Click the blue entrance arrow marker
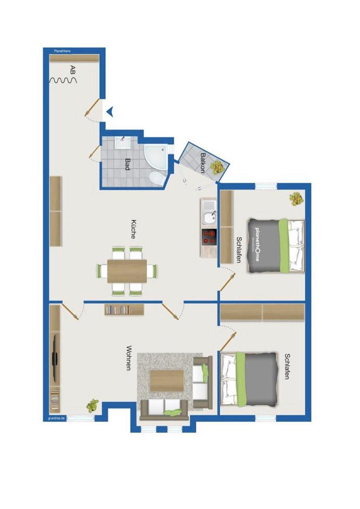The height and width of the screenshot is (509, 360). pyautogui.click(x=110, y=112)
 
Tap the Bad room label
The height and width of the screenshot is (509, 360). pyautogui.click(x=128, y=164)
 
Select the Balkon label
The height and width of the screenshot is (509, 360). pyautogui.click(x=203, y=163)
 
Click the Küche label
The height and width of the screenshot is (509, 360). pyautogui.click(x=133, y=229)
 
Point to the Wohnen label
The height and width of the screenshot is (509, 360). pyautogui.click(x=129, y=358)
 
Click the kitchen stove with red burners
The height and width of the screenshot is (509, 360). pyautogui.click(x=209, y=236)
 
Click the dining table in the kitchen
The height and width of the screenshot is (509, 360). pyautogui.click(x=127, y=271)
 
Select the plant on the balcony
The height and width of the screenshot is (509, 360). pyautogui.click(x=218, y=167)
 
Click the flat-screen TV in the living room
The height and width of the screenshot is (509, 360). pyautogui.click(x=55, y=358)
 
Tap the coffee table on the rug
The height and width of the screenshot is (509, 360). pyautogui.click(x=167, y=381)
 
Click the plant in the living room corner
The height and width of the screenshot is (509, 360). pyautogui.click(x=92, y=405)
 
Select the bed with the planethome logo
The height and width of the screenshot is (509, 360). pyautogui.click(x=276, y=246)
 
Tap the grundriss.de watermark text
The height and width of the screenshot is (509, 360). pyautogui.click(x=57, y=419)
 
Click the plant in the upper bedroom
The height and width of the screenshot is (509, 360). pyautogui.click(x=296, y=199)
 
